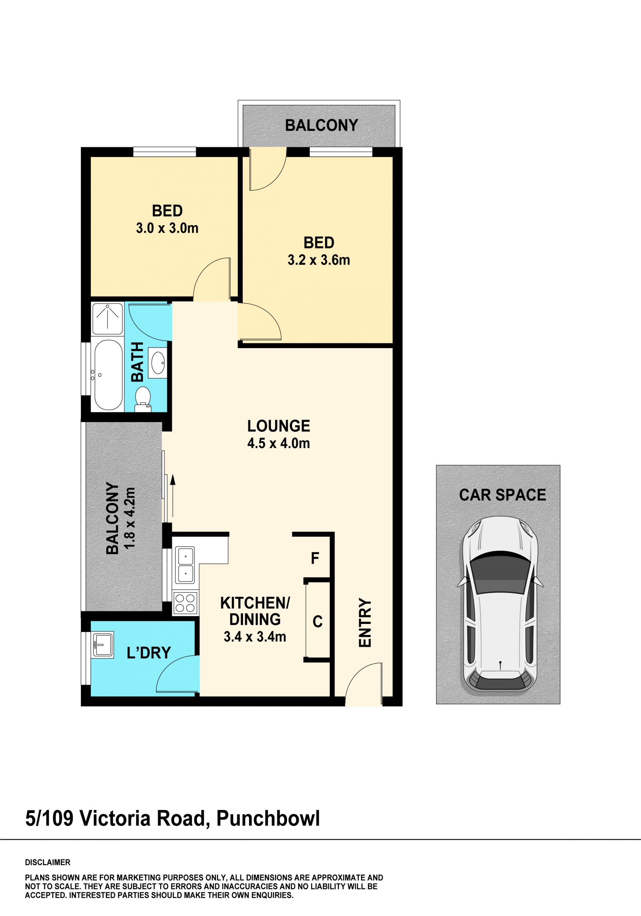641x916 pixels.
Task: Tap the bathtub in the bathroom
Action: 109,375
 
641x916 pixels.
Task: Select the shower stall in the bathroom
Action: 108,319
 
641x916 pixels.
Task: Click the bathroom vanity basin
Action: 158,363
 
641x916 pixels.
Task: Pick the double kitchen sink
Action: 185,566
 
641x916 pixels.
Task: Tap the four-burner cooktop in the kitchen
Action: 185,603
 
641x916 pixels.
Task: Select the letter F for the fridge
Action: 315,558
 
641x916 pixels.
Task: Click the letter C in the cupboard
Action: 317,622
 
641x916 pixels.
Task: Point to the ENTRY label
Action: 365,622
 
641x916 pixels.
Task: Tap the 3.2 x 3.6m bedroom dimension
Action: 319,260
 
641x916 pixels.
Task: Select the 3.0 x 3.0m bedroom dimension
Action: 167,228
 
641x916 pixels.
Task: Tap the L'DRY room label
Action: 149,653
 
